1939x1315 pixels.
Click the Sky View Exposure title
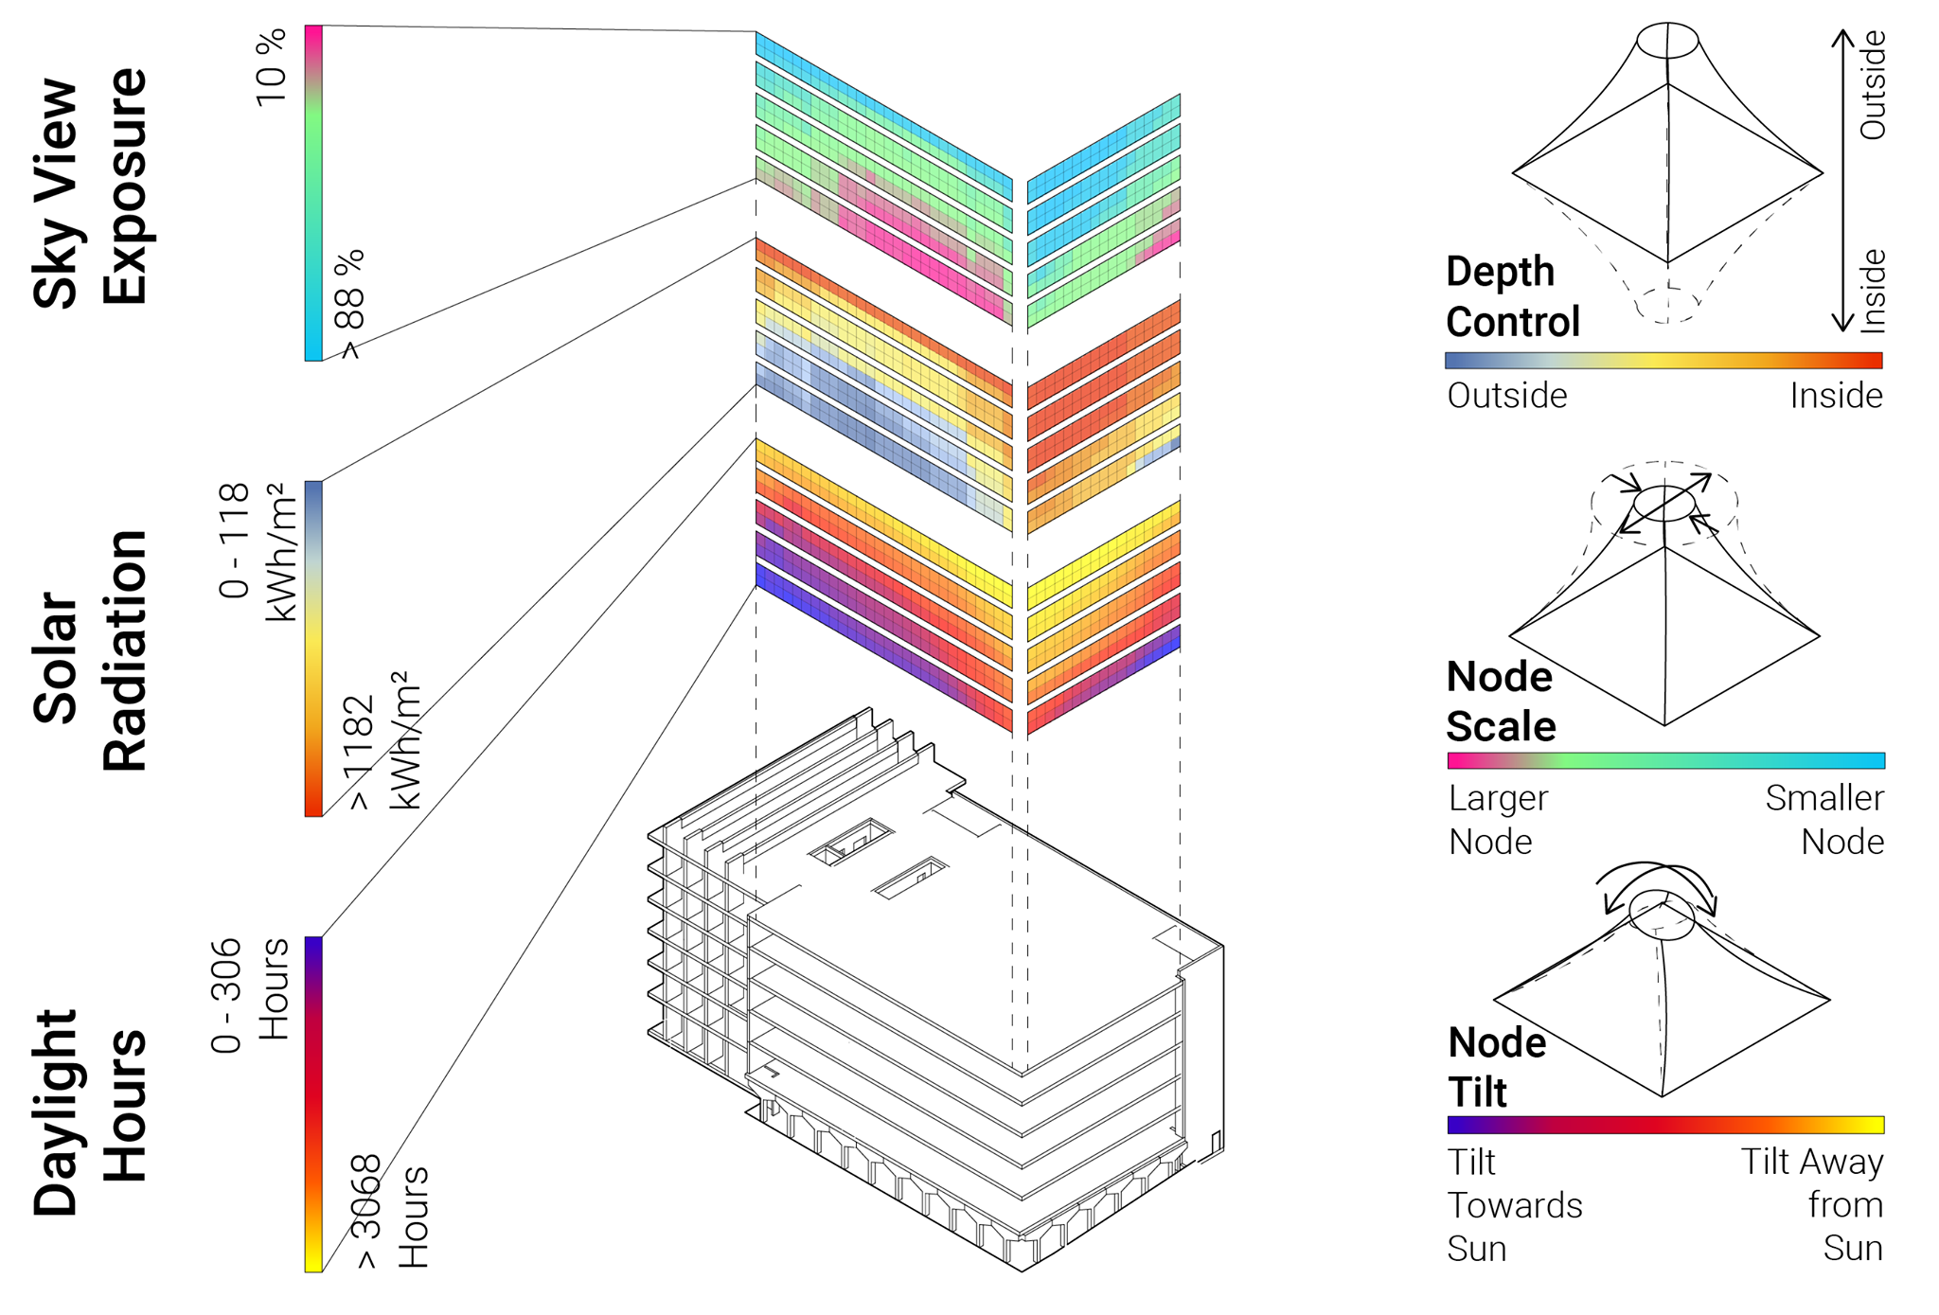pyautogui.click(x=90, y=189)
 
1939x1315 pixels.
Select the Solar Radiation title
pyautogui.click(x=90, y=651)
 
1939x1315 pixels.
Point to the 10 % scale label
pyautogui.click(x=272, y=67)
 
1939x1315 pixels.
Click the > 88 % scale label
pyautogui.click(x=349, y=304)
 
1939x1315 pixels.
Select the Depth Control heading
pyautogui.click(x=1512, y=296)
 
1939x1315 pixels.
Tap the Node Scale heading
pyautogui.click(x=1501, y=702)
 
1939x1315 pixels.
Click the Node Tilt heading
pyautogui.click(x=1497, y=1067)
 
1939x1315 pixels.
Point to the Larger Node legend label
pyautogui.click(x=1498, y=820)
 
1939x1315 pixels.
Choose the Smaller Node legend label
pyautogui.click(x=1825, y=820)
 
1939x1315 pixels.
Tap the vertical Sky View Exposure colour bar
pyautogui.click(x=313, y=193)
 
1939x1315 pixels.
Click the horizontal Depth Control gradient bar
pyautogui.click(x=1663, y=360)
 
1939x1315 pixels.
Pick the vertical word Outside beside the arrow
pyautogui.click(x=1873, y=85)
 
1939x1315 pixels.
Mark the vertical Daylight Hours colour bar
pyautogui.click(x=313, y=1104)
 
